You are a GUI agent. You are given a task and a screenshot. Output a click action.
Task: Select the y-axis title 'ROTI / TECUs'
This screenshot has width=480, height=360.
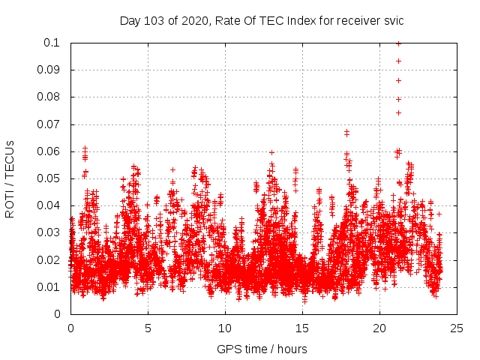(x=10, y=178)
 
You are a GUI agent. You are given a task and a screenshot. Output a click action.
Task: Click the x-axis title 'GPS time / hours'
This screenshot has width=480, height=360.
(x=262, y=349)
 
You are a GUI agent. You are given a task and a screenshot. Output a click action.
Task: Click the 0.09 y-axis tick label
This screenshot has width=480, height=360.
(x=51, y=70)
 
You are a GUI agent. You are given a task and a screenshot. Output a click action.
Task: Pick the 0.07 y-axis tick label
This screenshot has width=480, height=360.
(x=51, y=124)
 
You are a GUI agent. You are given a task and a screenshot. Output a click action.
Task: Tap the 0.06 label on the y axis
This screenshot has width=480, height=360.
(x=51, y=151)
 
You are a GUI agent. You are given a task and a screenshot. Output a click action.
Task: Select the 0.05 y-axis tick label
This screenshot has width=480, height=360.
(x=51, y=178)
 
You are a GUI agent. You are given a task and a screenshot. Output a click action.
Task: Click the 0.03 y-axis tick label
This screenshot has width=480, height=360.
(x=51, y=232)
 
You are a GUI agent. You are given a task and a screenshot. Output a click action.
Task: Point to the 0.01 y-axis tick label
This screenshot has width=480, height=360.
(x=51, y=287)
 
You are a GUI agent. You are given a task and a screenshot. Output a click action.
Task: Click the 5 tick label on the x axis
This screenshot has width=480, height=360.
(x=148, y=328)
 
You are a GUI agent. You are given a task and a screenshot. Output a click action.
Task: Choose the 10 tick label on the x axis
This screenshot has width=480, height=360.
(x=225, y=328)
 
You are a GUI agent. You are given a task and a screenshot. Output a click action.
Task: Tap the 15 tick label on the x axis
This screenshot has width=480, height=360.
(x=302, y=328)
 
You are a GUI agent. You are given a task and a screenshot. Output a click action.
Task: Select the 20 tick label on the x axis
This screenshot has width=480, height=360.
(x=379, y=328)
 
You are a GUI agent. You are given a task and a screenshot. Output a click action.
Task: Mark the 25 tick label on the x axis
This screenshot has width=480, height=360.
(x=457, y=328)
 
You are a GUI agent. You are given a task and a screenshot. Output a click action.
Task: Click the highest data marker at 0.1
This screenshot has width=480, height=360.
(x=398, y=43)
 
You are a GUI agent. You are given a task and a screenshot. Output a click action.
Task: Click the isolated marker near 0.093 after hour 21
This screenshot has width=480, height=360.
(x=398, y=61)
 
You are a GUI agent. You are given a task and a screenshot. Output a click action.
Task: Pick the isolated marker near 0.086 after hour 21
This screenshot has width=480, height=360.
(x=398, y=80)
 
